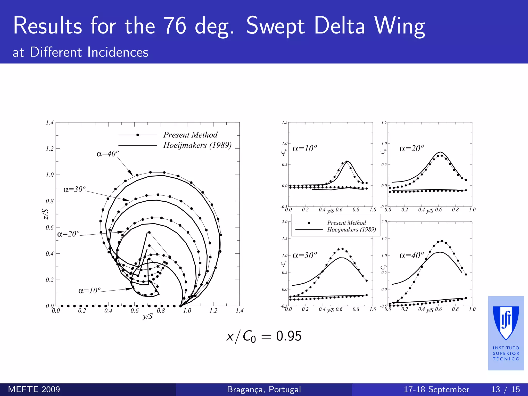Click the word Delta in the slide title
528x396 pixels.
point(340,26)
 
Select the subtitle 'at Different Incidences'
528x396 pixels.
point(80,52)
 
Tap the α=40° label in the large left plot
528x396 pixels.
point(108,154)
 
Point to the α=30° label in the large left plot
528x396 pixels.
point(74,189)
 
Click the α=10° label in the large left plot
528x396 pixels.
point(89,291)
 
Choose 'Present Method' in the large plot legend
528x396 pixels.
point(190,135)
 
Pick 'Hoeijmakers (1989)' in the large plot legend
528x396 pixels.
point(197,145)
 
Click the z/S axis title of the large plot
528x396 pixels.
point(45,214)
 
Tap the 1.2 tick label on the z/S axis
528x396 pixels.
point(49,149)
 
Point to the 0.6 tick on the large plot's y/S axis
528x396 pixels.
point(135,310)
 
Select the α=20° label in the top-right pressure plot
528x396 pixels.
point(411,148)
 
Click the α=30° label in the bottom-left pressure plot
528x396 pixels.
point(305,255)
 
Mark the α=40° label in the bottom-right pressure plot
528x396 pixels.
point(411,255)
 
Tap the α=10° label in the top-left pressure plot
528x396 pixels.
point(305,148)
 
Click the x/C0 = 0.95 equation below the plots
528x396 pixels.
point(264,336)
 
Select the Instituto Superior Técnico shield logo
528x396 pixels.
point(506,323)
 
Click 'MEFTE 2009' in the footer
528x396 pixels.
point(34,389)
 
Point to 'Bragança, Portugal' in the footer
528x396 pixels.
point(264,389)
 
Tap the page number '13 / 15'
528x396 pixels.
point(505,389)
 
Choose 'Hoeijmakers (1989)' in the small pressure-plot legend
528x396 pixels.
point(351,229)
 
